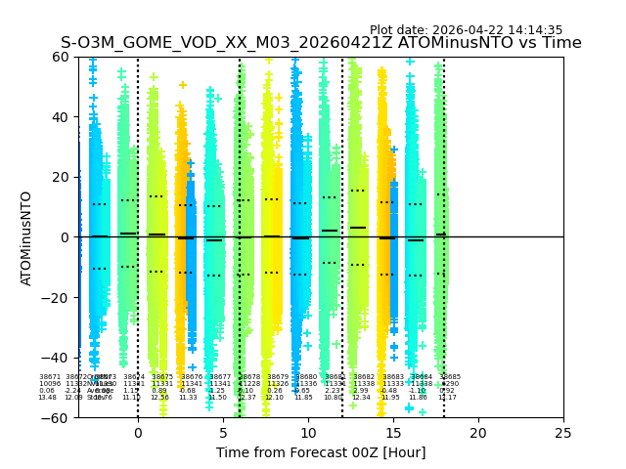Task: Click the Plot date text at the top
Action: click(466, 30)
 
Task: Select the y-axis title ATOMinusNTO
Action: click(27, 237)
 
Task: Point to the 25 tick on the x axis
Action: click(563, 432)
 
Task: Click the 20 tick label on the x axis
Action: click(478, 432)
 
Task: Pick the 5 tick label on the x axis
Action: click(223, 432)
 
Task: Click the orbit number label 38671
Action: click(49, 376)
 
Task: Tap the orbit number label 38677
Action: click(220, 376)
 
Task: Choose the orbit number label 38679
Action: click(278, 376)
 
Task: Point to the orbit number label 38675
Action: click(162, 376)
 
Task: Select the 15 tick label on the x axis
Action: click(393, 432)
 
